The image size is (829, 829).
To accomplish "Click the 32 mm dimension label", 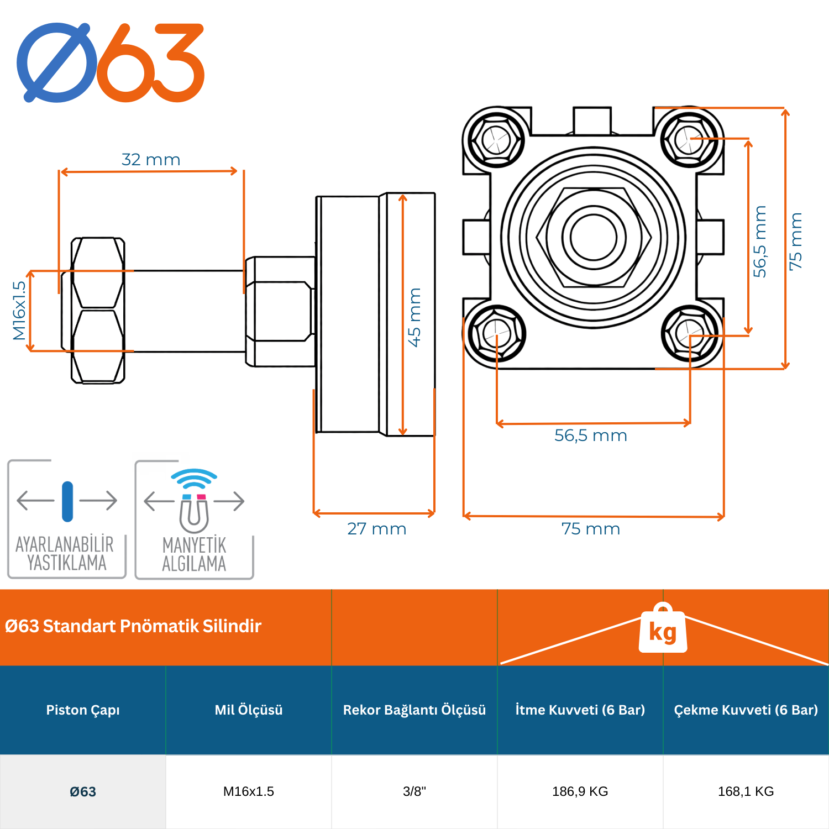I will click(x=151, y=160).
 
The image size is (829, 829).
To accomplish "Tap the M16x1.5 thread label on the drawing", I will click(x=19, y=311).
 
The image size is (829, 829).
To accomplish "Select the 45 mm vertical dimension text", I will click(x=414, y=317).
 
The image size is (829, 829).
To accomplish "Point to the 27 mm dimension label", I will click(x=376, y=529).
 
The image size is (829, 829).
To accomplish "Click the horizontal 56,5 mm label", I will click(x=590, y=436).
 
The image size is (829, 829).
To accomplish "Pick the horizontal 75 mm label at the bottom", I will click(x=590, y=529).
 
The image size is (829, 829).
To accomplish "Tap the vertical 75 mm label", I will click(x=795, y=242).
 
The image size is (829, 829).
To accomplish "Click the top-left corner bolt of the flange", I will click(x=496, y=139).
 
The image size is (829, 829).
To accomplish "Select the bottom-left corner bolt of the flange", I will click(x=496, y=333).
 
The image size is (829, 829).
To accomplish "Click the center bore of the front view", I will click(x=594, y=237).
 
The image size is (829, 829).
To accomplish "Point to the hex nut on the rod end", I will click(x=98, y=311).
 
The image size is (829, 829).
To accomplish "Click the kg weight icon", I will click(x=663, y=629).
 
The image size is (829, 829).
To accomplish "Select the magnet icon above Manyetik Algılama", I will click(x=194, y=511).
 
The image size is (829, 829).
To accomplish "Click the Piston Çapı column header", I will click(x=83, y=710).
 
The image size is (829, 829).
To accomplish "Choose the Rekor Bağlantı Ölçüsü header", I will click(x=414, y=710).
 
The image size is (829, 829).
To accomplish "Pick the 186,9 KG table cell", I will click(x=580, y=791).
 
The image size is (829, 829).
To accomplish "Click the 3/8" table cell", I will click(x=414, y=791).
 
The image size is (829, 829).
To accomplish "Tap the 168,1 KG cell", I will click(x=746, y=791).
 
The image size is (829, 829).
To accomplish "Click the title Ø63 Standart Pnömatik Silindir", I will click(x=133, y=626).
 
